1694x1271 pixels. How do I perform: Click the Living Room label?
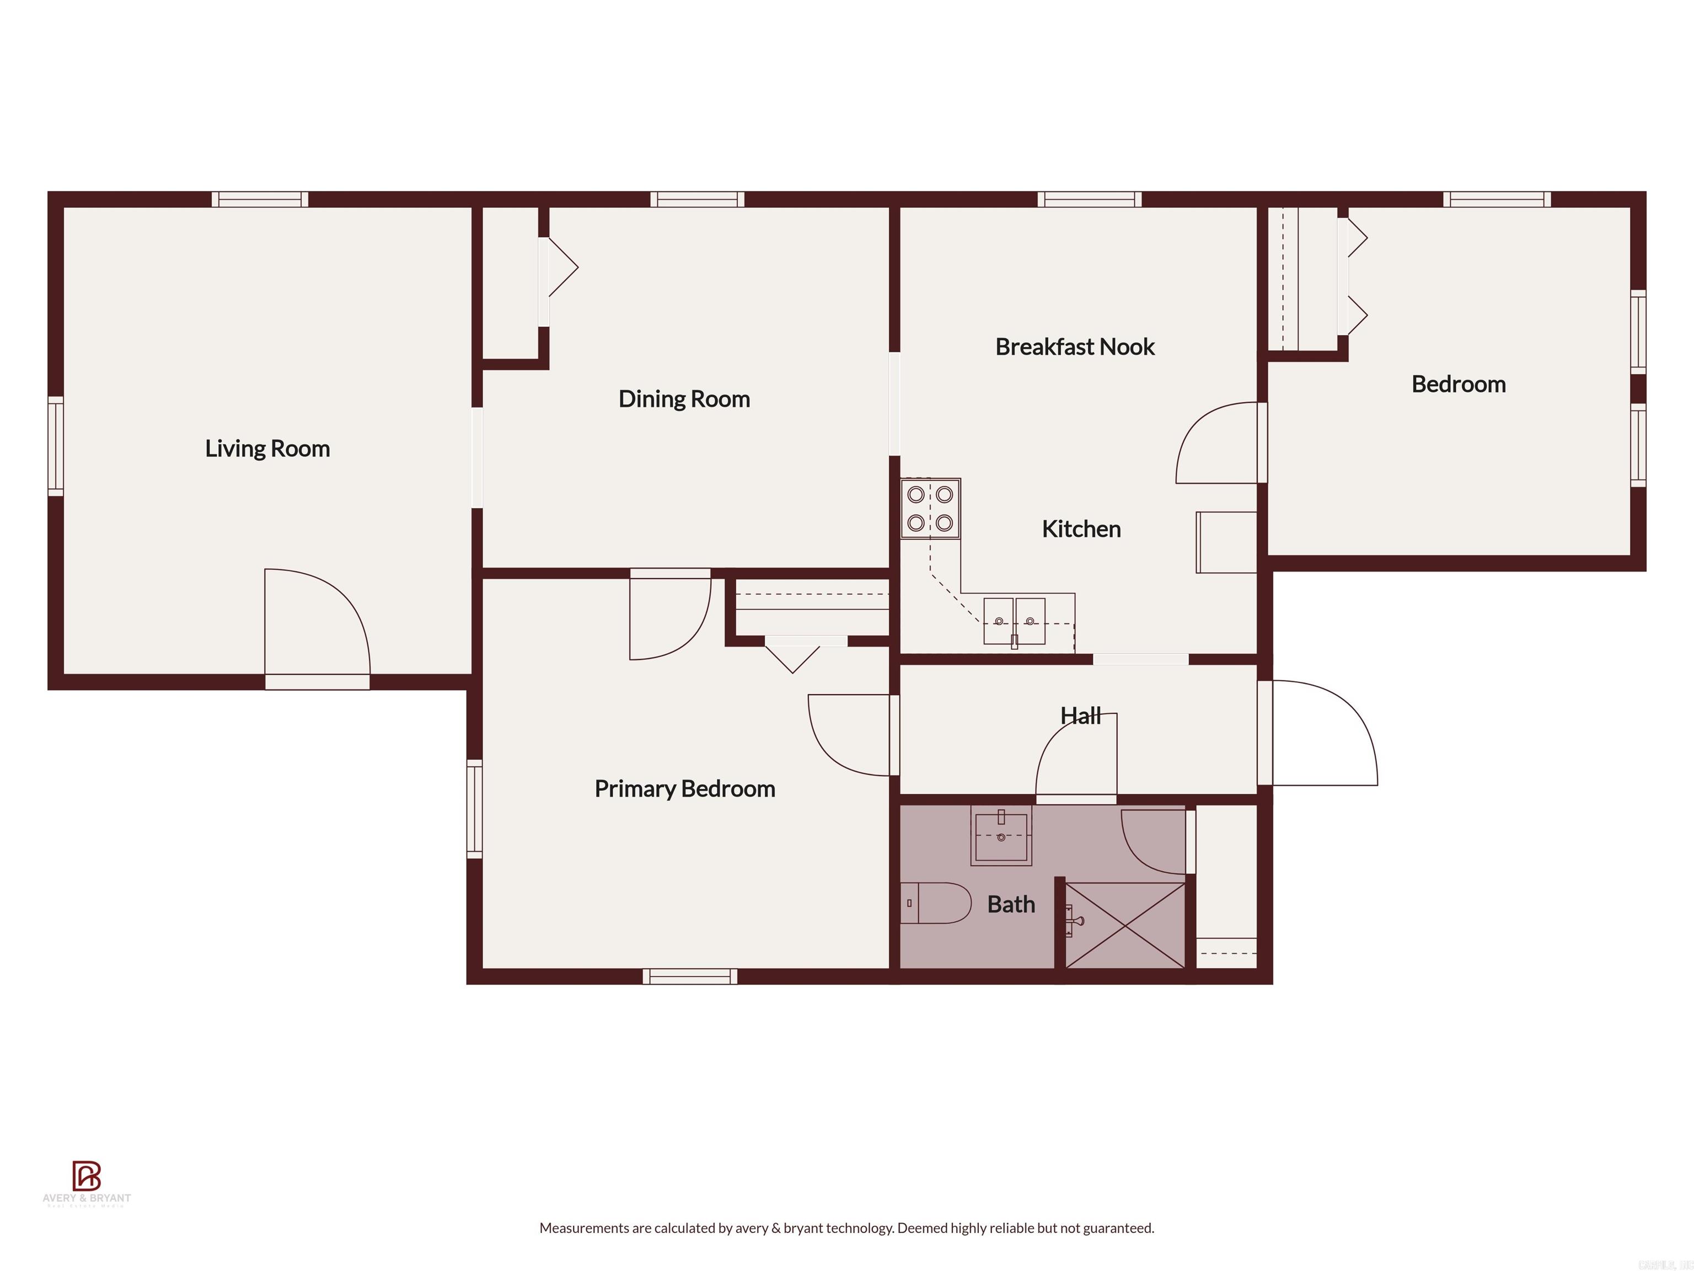pyautogui.click(x=267, y=448)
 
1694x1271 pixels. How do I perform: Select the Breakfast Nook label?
pyautogui.click(x=1074, y=346)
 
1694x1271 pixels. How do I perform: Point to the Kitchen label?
pyautogui.click(x=1081, y=528)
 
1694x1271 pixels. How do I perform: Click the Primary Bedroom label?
pyautogui.click(x=685, y=788)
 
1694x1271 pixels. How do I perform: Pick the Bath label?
pyautogui.click(x=1011, y=904)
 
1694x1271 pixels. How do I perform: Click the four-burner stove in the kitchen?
pyautogui.click(x=930, y=509)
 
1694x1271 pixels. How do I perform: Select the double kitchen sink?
pyautogui.click(x=1014, y=621)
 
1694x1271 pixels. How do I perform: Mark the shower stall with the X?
pyautogui.click(x=1125, y=925)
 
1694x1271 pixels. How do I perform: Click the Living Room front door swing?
pyautogui.click(x=317, y=624)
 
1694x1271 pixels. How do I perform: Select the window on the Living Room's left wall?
pyautogui.click(x=55, y=446)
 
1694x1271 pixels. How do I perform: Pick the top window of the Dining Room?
pyautogui.click(x=697, y=199)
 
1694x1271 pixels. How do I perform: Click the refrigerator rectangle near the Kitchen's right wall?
pyautogui.click(x=1226, y=542)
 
